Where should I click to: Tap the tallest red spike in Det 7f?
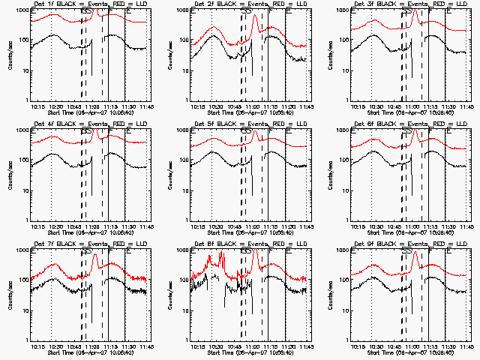click(x=95, y=257)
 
